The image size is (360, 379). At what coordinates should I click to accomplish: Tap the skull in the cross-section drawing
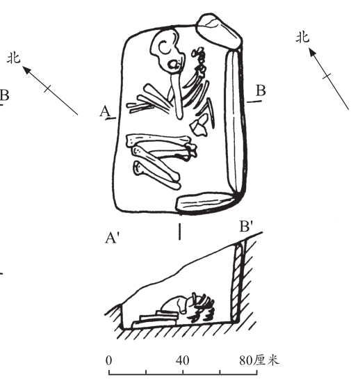point(173,305)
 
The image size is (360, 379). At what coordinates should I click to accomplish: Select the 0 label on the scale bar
point(108,360)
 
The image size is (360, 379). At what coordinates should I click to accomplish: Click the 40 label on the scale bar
point(182,360)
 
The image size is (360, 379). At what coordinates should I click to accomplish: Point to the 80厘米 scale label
point(259,360)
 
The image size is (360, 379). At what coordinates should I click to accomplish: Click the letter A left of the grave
point(105,112)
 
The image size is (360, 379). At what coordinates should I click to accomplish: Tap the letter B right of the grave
point(261,90)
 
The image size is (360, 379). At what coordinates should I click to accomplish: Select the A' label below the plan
point(113,238)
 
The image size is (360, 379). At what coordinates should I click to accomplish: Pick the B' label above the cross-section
point(246,227)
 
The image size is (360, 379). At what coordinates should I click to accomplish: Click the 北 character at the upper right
point(303,38)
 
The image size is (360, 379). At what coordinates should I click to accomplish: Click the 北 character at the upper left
point(14,58)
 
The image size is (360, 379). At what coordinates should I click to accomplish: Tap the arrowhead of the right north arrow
point(312,51)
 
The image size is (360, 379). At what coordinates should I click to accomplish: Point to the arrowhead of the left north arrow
point(27,70)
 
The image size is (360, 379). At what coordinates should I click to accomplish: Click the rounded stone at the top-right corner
point(219,31)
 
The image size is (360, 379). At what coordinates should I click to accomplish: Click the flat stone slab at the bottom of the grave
point(206,202)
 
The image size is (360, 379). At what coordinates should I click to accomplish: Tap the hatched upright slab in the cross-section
point(237,283)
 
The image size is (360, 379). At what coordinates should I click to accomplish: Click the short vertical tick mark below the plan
point(179,232)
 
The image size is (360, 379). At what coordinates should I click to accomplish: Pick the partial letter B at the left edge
point(4,95)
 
